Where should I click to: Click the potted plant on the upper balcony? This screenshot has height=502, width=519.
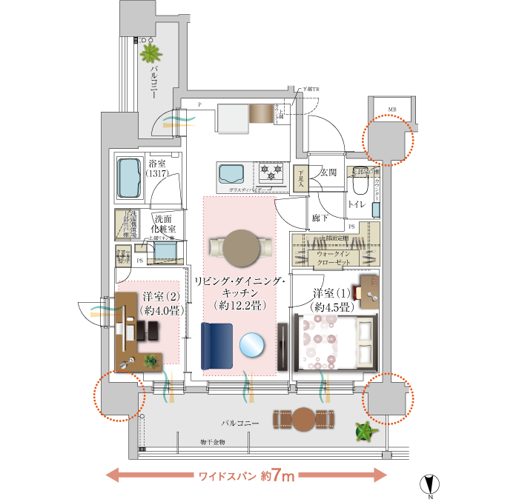tap(152, 53)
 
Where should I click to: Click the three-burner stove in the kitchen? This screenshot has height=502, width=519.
tap(270, 174)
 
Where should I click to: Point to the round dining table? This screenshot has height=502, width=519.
tap(242, 247)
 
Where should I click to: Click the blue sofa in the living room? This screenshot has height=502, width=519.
tap(216, 344)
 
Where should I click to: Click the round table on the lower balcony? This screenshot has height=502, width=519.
tap(305, 419)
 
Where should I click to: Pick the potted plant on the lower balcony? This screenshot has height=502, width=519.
tap(364, 432)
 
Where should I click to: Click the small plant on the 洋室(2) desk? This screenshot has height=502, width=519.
tap(151, 361)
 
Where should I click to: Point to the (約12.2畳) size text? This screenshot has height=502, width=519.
tap(239, 305)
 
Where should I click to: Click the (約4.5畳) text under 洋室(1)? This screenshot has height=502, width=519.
tap(332, 306)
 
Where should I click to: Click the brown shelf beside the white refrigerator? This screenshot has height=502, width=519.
tap(262, 113)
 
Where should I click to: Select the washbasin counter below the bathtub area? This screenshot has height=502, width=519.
tap(165, 252)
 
